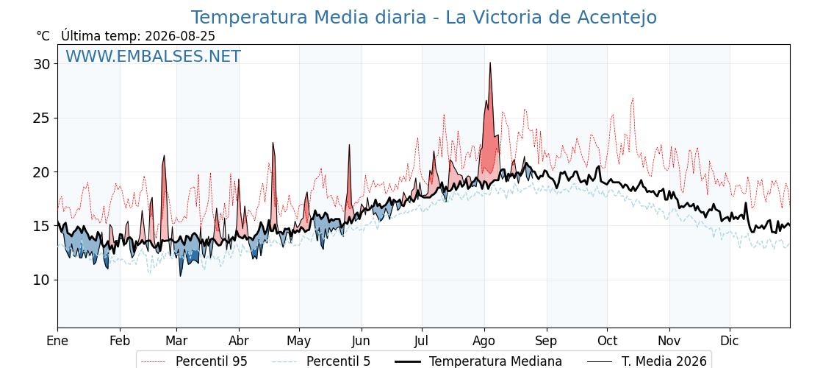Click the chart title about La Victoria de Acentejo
tap(423, 18)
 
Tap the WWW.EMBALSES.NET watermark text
tap(154, 56)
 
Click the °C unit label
tap(43, 36)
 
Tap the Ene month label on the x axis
tap(57, 341)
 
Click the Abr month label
tap(239, 341)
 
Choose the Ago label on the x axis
tap(484, 341)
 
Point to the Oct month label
tap(607, 341)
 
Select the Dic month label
tap(730, 341)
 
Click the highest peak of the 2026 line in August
tap(490, 63)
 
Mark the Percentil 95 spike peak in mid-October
tap(633, 98)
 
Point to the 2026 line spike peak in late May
tap(349, 144)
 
